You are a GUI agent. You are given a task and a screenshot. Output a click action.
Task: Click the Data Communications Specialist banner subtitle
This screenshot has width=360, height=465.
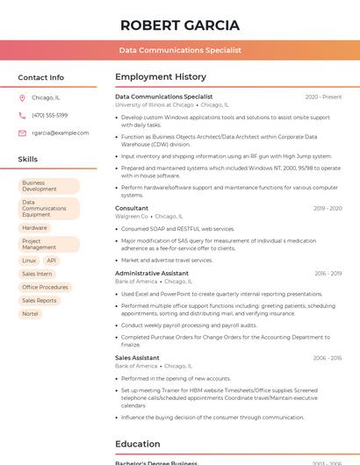click(180, 51)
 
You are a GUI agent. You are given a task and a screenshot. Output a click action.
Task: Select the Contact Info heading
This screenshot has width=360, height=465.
click(41, 77)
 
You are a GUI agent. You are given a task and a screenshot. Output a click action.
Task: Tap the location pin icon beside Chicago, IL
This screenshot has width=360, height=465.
click(22, 97)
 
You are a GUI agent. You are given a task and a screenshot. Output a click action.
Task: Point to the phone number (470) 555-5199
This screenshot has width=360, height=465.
click(49, 115)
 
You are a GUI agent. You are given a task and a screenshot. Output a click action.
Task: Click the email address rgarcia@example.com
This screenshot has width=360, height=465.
click(60, 132)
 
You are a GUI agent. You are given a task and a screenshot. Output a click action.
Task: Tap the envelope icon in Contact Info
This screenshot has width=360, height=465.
click(22, 132)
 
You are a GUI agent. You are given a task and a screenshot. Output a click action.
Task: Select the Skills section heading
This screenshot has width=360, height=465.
click(27, 160)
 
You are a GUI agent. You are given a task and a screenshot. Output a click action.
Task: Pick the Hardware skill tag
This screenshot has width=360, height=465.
click(34, 228)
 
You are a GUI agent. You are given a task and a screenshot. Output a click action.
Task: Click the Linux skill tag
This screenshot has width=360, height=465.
click(29, 261)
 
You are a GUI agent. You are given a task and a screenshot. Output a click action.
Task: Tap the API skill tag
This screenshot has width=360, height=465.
click(52, 261)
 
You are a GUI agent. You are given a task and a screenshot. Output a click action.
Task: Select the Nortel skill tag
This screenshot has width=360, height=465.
click(30, 313)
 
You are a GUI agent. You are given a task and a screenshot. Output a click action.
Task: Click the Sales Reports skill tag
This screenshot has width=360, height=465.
click(40, 300)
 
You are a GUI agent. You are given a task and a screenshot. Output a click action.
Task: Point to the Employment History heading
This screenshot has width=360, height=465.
click(161, 77)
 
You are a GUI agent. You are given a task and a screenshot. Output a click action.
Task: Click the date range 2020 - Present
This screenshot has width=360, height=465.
click(323, 97)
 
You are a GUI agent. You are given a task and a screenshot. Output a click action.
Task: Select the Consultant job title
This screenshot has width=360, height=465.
click(132, 208)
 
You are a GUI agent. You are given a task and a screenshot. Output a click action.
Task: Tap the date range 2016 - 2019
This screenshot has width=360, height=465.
click(328, 273)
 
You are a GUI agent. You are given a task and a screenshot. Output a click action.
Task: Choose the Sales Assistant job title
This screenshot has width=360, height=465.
click(137, 358)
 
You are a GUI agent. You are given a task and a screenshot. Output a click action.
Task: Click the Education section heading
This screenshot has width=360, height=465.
click(138, 444)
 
